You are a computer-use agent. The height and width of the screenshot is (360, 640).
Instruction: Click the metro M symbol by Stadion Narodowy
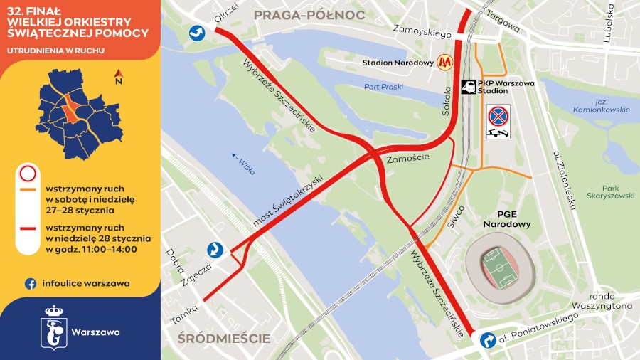coord(446,63)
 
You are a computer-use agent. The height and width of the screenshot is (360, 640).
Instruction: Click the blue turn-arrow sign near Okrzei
coord(197,32)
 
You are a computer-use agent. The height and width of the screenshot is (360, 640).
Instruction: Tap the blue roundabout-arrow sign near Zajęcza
coord(215,250)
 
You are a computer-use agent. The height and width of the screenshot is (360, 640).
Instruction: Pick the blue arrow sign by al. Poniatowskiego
coord(488,341)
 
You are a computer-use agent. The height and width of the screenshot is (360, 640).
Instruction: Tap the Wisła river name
coord(244,163)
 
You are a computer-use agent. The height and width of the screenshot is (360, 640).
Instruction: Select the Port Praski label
coord(383,87)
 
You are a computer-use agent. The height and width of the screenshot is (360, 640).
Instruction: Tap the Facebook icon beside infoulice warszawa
coord(31,283)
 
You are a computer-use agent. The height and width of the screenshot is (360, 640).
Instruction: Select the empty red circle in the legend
coord(28,174)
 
